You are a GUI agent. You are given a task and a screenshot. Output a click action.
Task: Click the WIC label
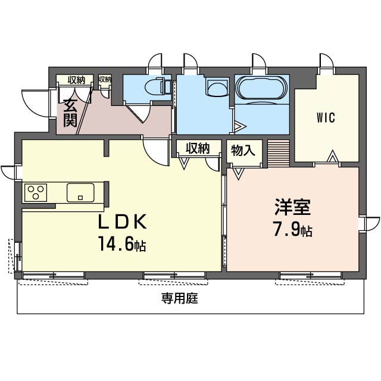(326, 118)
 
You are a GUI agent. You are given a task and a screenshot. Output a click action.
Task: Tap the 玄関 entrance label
(70, 113)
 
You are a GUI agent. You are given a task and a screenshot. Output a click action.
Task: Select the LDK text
(122, 221)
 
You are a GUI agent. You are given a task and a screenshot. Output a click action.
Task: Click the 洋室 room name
(292, 207)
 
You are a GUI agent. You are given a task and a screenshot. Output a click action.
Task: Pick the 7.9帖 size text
(292, 229)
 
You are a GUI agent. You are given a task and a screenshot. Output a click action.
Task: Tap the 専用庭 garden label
(180, 298)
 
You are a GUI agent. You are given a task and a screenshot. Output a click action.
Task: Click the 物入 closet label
(243, 150)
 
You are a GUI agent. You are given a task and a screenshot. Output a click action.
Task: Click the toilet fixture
(157, 86)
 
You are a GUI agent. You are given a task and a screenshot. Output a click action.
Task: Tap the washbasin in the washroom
(218, 88)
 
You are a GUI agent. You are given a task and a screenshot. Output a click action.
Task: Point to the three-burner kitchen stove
(36, 193)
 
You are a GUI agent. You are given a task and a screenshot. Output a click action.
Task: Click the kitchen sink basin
(80, 192)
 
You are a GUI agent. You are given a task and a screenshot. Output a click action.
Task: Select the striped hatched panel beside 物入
(279, 154)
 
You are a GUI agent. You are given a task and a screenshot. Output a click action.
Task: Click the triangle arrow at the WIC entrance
(332, 157)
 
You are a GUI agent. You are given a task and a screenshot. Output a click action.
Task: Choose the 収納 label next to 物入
(198, 148)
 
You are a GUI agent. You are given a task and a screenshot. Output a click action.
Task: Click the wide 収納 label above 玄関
(76, 80)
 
